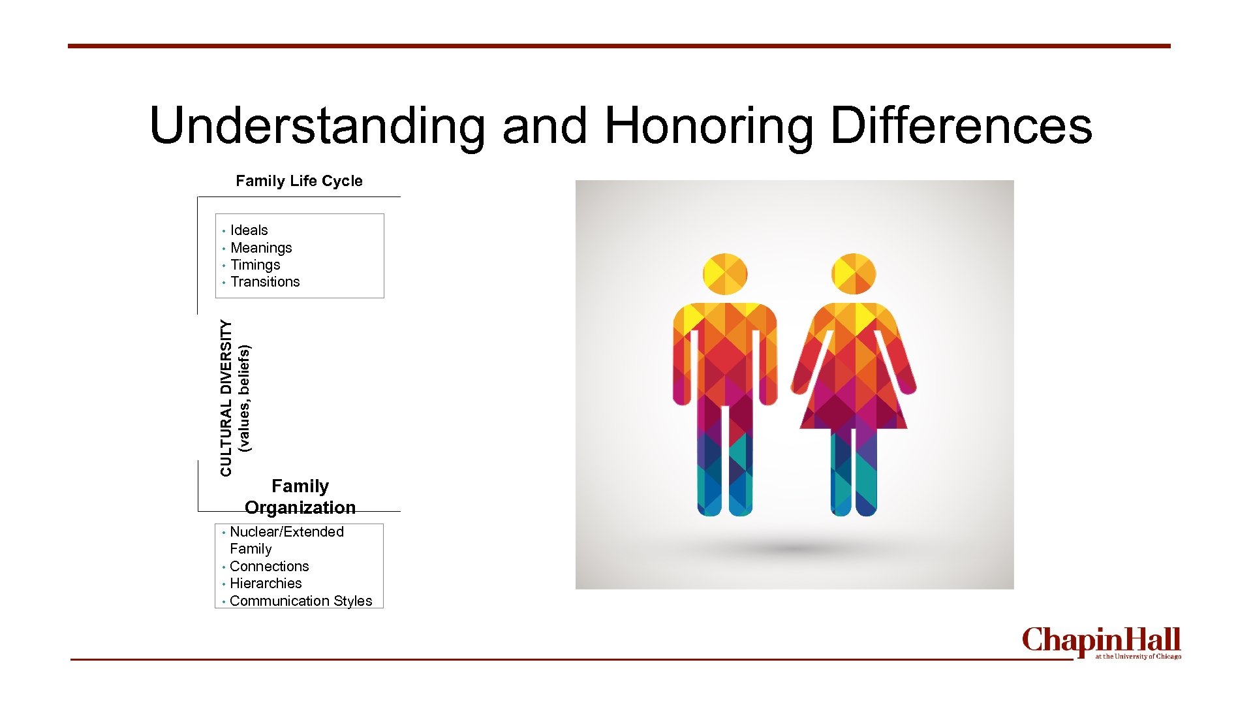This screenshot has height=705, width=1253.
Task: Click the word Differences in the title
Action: click(x=961, y=126)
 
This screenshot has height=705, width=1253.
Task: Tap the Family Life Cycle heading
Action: click(x=299, y=181)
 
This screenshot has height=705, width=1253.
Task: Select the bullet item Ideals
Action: click(x=249, y=230)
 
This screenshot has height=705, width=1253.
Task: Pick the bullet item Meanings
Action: click(x=261, y=248)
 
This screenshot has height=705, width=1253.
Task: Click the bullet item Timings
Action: click(x=255, y=265)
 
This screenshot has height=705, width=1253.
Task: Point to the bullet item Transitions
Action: click(x=265, y=282)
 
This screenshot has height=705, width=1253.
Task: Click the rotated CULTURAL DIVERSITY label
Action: click(x=226, y=398)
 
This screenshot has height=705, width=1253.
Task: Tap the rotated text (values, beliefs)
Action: click(x=244, y=399)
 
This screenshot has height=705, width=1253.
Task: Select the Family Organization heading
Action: click(x=300, y=497)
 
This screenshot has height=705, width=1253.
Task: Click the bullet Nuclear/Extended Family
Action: click(x=286, y=540)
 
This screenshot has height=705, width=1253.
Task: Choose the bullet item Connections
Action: click(x=269, y=567)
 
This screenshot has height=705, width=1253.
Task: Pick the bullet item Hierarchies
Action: click(x=266, y=584)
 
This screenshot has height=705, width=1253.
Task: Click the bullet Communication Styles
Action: click(x=301, y=601)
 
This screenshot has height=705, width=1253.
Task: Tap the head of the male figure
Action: click(x=725, y=274)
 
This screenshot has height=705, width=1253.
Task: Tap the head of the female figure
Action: click(x=854, y=274)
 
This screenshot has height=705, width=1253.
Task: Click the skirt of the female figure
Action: click(x=854, y=398)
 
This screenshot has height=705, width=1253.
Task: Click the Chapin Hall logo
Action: click(x=1102, y=642)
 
